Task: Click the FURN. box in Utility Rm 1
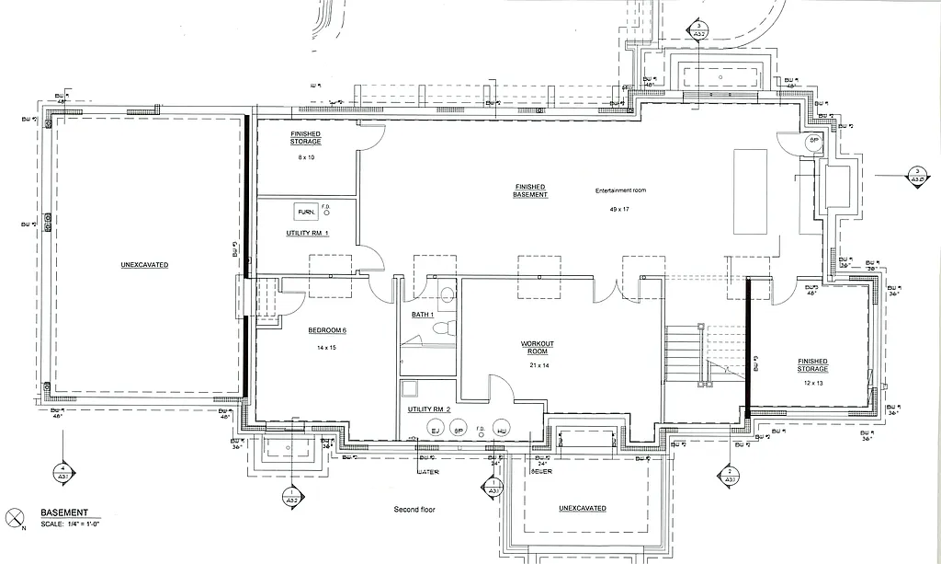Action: (305, 212)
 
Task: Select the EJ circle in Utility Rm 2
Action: (436, 430)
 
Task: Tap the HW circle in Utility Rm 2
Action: (501, 430)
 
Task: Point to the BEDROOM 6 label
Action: (327, 330)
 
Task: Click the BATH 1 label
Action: (422, 316)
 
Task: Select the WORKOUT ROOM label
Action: (538, 348)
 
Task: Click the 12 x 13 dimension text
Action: (812, 382)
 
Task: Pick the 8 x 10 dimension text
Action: (306, 158)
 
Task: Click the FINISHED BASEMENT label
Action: (531, 190)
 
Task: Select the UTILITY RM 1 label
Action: (308, 234)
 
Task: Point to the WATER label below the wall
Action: (428, 472)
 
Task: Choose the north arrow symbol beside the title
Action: (14, 517)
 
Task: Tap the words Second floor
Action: (414, 509)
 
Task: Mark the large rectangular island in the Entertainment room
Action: (749, 192)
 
